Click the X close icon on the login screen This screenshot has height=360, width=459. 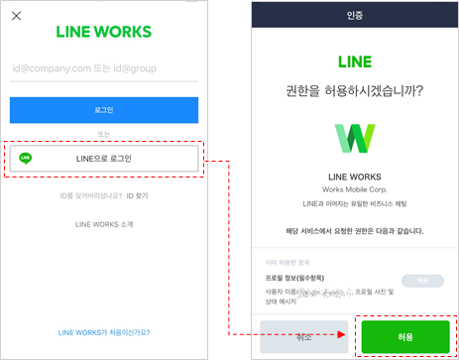tap(15, 16)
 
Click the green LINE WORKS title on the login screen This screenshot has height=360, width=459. tap(103, 31)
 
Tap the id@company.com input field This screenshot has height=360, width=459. tap(103, 69)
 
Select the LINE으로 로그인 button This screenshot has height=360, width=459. tap(103, 158)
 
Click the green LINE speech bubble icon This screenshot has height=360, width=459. tap(26, 158)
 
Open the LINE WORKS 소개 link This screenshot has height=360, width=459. tap(103, 225)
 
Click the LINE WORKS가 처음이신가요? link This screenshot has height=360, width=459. tap(103, 332)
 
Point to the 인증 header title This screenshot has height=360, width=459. tap(355, 15)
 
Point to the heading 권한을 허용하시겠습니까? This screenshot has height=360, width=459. tap(355, 91)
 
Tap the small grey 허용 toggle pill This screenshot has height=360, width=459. tap(421, 282)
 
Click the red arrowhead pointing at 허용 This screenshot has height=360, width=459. tap(341, 335)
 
